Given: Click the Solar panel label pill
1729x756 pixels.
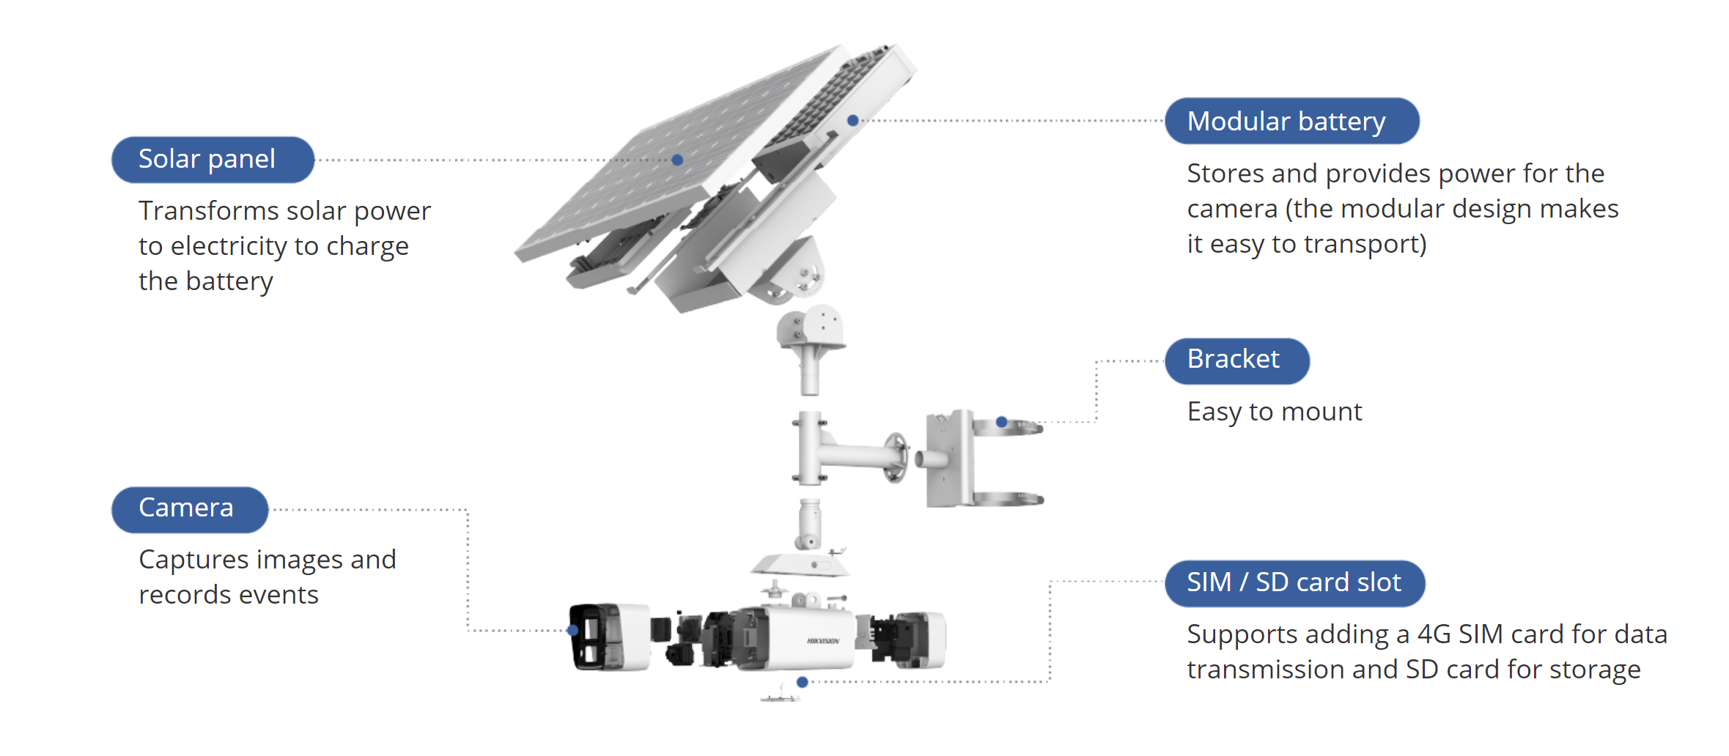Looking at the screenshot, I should pos(213,159).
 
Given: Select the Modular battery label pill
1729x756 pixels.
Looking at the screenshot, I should pos(1291,121).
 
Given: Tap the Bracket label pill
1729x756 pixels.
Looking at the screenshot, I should pos(1236,360).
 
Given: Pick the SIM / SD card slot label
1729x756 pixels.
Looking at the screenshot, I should pos(1294,583).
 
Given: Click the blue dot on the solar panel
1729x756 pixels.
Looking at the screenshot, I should pos(677,160).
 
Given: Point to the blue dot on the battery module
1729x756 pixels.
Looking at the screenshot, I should pos(852,120).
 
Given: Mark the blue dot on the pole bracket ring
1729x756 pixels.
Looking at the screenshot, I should pos(1001,422).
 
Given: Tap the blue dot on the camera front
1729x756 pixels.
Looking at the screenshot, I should pos(572,630).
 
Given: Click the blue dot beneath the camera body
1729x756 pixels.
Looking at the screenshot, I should pos(803,682).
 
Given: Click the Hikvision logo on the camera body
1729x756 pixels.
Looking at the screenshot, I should pos(823,641).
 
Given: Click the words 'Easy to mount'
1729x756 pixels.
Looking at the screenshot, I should pos(1274,412).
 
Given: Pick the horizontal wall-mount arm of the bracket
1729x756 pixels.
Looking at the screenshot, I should pos(858,453).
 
